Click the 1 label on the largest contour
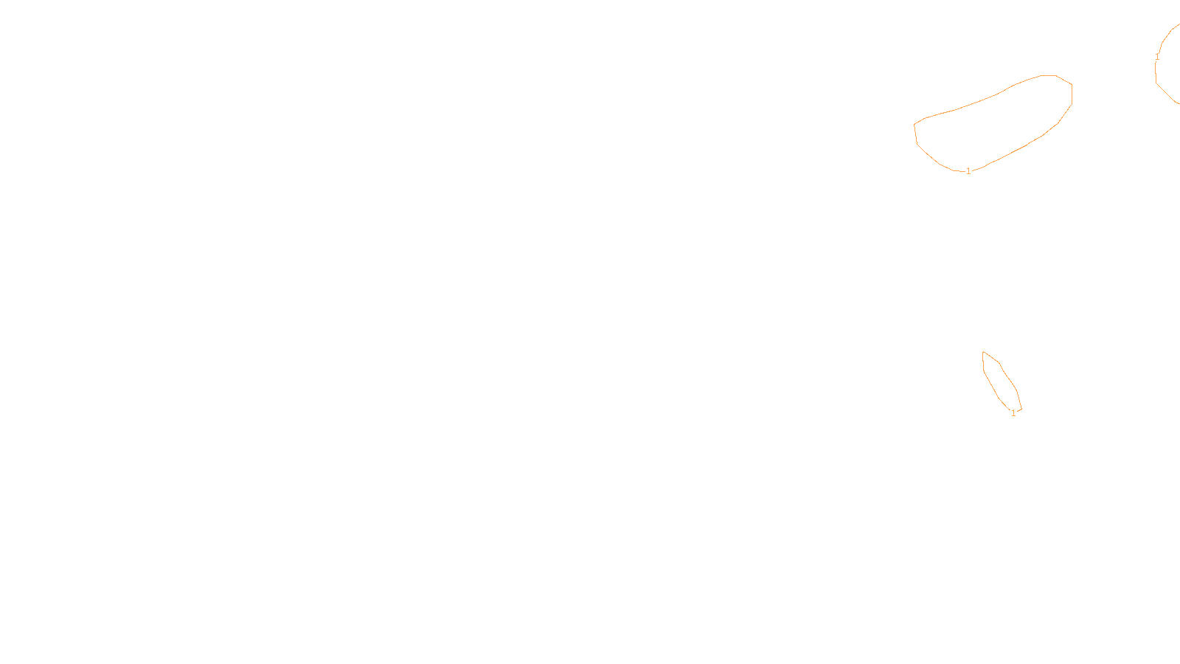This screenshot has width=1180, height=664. [x=968, y=171]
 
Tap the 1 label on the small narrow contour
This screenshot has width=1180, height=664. [x=1013, y=413]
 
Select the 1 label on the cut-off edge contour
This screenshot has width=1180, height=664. [x=1157, y=57]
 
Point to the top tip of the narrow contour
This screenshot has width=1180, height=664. [x=983, y=352]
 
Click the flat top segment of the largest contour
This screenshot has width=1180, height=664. [x=1048, y=75]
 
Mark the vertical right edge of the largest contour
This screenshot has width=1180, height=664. [x=1072, y=94]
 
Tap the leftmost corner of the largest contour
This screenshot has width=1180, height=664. [x=914, y=125]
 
